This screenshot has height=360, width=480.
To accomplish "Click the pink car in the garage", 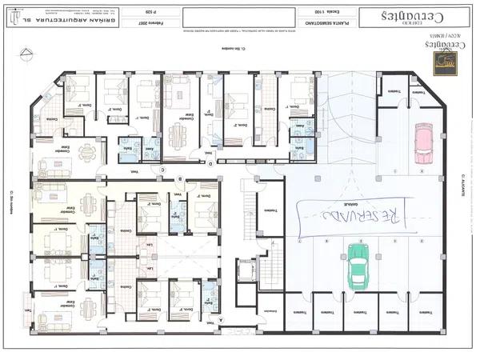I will (x=422, y=141).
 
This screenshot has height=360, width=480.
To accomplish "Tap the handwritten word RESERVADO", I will (x=351, y=214).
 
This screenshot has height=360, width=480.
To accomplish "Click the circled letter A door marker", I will (x=232, y=318).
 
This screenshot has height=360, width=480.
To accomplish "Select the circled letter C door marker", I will (x=162, y=169).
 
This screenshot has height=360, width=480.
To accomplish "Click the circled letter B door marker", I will (x=181, y=178).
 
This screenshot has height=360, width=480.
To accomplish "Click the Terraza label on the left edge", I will (x=27, y=310).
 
